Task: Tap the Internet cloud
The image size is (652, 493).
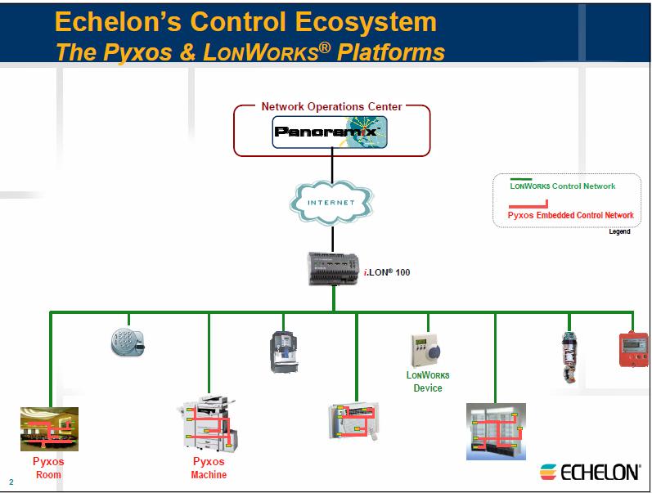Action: click(x=332, y=201)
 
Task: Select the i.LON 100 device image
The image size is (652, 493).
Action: click(x=334, y=268)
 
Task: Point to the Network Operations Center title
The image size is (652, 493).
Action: click(x=331, y=107)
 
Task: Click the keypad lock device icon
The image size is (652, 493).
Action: click(x=126, y=342)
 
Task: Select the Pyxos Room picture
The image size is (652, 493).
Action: click(x=48, y=428)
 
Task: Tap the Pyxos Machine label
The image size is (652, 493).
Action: click(x=209, y=468)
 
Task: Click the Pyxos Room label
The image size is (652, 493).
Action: click(x=48, y=468)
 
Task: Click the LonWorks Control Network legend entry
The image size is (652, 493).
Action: click(x=563, y=186)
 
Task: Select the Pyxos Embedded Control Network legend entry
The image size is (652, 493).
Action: click(x=570, y=215)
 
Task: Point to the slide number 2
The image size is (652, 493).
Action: click(x=11, y=482)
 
